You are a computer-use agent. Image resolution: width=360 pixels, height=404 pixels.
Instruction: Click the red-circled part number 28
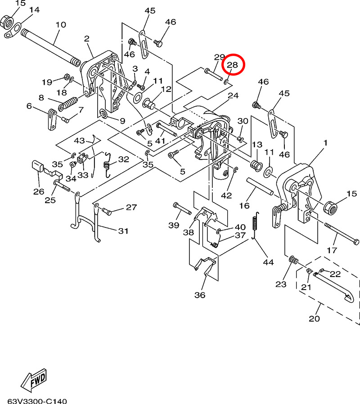point(232,65)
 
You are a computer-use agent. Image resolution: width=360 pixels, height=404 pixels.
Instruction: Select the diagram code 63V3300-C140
point(37,400)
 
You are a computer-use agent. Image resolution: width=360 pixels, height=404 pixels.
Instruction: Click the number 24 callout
point(233,95)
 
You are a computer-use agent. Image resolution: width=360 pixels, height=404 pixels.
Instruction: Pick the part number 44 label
point(268,262)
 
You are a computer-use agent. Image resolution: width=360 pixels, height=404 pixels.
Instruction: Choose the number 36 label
point(199,295)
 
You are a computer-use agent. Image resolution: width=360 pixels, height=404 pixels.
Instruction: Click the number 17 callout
point(331,250)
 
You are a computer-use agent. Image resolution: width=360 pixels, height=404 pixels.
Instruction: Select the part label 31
point(123,231)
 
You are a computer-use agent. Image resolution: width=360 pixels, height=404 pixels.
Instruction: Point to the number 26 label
point(39,191)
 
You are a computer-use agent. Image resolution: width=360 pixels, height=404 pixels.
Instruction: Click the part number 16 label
point(244,205)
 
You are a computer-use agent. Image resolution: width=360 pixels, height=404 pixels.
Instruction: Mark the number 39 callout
point(174,225)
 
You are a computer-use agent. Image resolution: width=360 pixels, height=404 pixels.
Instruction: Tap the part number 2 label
point(87,39)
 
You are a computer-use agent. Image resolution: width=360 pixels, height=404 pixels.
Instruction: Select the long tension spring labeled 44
point(256,224)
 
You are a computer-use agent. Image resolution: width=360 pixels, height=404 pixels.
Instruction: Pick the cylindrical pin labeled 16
point(260,185)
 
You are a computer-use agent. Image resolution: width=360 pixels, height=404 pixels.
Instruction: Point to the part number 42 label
point(226,195)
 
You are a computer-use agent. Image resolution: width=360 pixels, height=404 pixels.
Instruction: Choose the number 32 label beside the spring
point(123,159)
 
